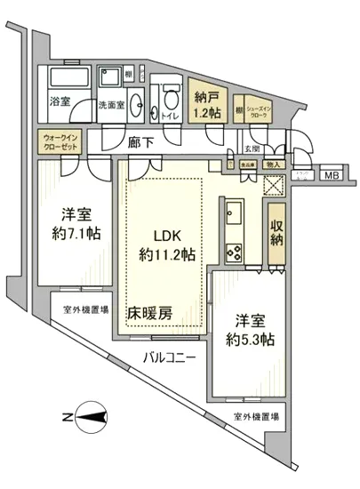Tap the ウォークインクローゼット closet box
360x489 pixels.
pyautogui.click(x=60, y=142)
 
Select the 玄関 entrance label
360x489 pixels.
pyautogui.click(x=252, y=148)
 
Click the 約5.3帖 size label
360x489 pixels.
pyautogui.click(x=249, y=340)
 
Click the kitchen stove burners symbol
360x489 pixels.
pyautogui.click(x=235, y=251)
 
